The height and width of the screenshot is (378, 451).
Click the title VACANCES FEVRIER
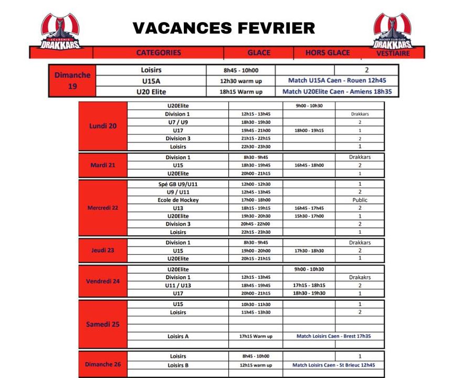point(224,28)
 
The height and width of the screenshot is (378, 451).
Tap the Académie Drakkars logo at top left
point(62,32)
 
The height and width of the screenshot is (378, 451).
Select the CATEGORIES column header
point(158,52)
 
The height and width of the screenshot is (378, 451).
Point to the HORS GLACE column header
point(328,52)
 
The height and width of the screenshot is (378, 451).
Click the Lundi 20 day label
point(103,126)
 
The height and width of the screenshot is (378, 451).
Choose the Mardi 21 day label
point(103,165)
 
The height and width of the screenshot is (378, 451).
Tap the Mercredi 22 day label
point(103,207)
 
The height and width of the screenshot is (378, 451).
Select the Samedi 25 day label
point(103,324)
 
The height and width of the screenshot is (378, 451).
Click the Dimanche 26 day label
point(103,364)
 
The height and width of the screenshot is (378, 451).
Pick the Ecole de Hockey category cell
point(178,200)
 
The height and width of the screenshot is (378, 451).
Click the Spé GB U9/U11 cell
point(178,184)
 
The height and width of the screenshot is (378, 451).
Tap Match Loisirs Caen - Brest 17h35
point(333,336)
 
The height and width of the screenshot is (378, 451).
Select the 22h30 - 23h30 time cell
point(256,146)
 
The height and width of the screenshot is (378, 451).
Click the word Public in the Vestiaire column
point(360,200)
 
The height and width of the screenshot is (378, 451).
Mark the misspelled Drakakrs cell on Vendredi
point(360,277)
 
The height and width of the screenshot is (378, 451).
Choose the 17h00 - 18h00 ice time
point(256,200)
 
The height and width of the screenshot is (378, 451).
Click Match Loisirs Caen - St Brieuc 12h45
point(333,365)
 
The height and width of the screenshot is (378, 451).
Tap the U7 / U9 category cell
point(178,122)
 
